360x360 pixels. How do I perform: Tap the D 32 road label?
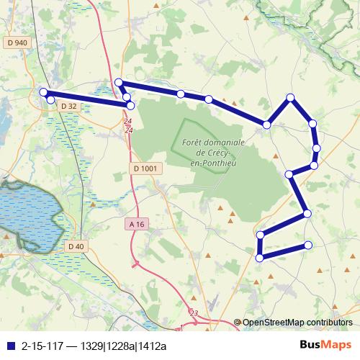pos(69,106)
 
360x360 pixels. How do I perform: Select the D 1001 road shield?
pos(145,168)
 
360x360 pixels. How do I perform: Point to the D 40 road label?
pos(76,246)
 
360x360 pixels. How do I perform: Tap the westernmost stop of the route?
pos(43,92)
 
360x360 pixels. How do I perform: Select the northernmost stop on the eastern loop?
pos(290,97)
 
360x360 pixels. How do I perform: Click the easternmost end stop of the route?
pos(308,245)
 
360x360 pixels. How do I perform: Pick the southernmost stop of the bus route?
pos(259,257)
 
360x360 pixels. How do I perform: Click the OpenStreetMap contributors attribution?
pos(297,322)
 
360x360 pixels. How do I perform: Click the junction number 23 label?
pos(193,312)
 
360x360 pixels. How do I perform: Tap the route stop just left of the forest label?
pos(130,105)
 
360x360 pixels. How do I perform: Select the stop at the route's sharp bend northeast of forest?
pos(267,125)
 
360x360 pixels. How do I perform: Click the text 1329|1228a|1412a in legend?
pos(123,344)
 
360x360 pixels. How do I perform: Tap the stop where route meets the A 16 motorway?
pos(126,97)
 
